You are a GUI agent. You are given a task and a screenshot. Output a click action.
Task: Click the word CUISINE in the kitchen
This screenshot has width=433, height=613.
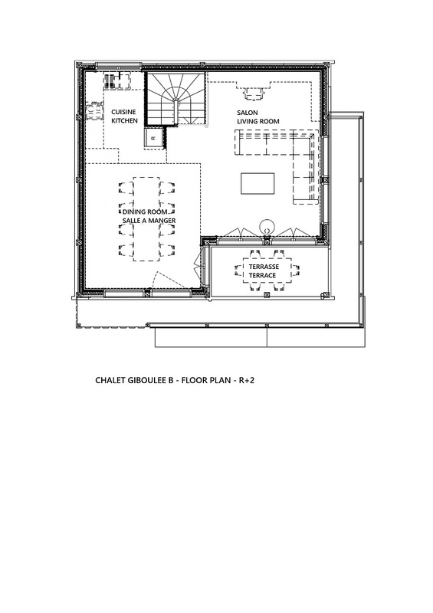123,112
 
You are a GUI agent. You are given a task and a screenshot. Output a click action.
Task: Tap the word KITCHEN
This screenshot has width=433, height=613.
124,121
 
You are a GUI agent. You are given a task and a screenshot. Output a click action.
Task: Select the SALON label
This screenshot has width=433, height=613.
248,113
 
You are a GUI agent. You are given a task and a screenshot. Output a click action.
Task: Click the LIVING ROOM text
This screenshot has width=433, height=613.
258,122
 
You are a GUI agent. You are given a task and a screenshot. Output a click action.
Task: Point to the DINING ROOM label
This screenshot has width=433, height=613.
145,211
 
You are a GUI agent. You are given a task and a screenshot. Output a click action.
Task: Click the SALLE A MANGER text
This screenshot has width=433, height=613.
149,221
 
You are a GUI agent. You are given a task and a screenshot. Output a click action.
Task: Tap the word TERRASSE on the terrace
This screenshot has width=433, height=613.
264,267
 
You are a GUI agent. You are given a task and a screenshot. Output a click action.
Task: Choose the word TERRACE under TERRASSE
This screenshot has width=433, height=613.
262,275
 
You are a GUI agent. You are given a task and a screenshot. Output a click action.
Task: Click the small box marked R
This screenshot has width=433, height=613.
153,138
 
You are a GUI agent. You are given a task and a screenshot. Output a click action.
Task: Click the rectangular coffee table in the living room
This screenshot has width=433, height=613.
258,183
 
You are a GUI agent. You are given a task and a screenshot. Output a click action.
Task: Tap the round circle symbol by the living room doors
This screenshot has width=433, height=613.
267,225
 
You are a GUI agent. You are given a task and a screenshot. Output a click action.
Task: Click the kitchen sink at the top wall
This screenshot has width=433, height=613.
118,81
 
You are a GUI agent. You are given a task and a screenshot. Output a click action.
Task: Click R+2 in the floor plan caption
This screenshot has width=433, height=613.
247,380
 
